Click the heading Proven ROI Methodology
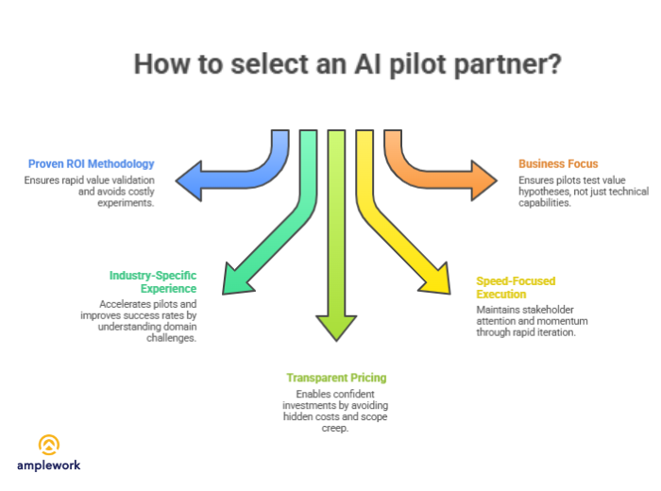[x=91, y=163]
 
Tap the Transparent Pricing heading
[x=337, y=378]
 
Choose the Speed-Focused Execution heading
[x=516, y=288]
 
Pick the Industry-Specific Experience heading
[x=152, y=281]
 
